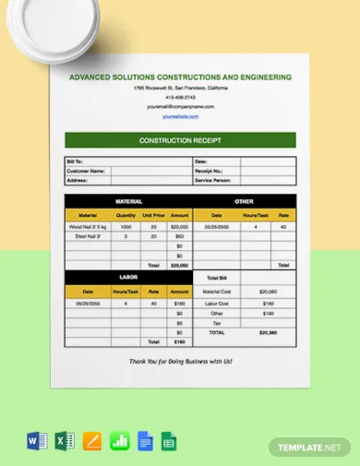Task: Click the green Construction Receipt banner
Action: tap(180, 140)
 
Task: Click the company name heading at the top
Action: tap(180, 77)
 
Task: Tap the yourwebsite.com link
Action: tap(180, 116)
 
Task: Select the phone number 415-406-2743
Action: tap(180, 97)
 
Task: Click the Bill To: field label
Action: tap(75, 161)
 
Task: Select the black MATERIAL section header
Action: tap(128, 201)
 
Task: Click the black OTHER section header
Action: tap(244, 201)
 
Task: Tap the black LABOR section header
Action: tap(128, 277)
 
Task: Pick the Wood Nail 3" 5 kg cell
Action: tap(88, 226)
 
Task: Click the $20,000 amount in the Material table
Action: tap(179, 226)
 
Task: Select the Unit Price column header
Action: tap(153, 215)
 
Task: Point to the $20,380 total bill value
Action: tap(268, 332)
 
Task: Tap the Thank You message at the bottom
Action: tap(180, 362)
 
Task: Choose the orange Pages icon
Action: tap(91, 440)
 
